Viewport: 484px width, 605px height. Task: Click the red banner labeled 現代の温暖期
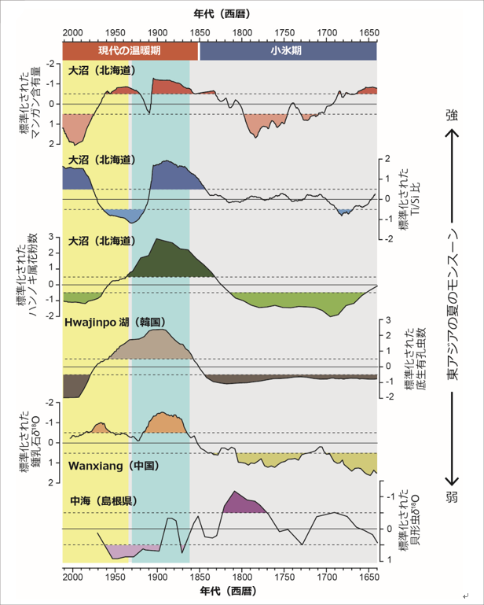tap(130, 50)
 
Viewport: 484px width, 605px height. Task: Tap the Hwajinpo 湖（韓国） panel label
tap(114, 322)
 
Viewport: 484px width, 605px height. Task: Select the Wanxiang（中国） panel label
tap(115, 466)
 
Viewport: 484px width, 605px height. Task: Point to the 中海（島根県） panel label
tap(102, 500)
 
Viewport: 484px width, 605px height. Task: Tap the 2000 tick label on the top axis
tap(72, 34)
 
